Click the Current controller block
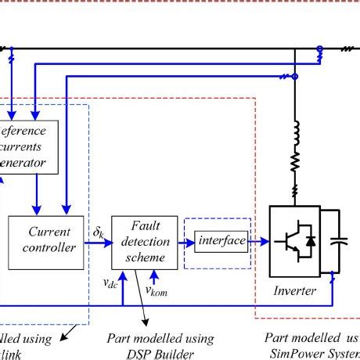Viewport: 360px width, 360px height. (49, 240)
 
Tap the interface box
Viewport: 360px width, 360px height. (220, 241)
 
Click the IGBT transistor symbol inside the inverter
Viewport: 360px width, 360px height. (286, 243)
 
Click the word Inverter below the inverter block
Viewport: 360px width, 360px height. (295, 291)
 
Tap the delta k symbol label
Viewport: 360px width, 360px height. (99, 232)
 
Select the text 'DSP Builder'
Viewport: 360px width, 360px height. (160, 353)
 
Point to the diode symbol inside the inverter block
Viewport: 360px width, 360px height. (311, 243)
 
